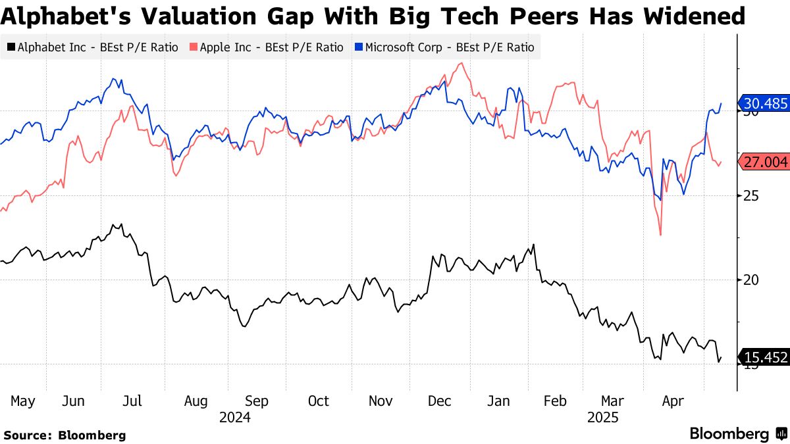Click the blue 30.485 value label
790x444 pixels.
coord(764,103)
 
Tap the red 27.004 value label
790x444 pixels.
coord(764,162)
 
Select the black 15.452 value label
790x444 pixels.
coord(764,358)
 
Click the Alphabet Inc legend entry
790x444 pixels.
coord(92,47)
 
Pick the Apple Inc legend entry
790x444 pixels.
coord(266,47)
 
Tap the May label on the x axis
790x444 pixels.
coord(23,401)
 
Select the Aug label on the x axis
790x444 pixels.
coord(196,401)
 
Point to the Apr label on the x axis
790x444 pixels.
coord(673,401)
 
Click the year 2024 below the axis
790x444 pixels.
coord(235,417)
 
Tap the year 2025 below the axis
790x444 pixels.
coord(602,417)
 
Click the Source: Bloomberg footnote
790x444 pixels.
coord(65,435)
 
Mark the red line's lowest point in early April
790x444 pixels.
coord(660,235)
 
